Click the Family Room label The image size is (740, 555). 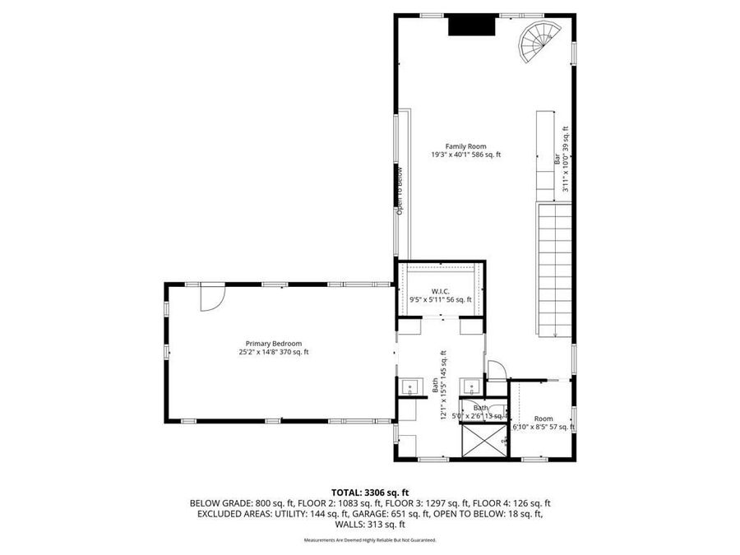click(x=465, y=146)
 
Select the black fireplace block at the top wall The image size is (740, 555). click(x=470, y=26)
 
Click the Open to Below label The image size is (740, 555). click(x=400, y=191)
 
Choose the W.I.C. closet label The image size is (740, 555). click(x=441, y=291)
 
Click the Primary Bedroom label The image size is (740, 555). click(x=273, y=344)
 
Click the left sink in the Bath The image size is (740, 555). click(x=409, y=386)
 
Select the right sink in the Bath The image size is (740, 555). click(x=469, y=386)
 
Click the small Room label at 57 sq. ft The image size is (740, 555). click(x=543, y=419)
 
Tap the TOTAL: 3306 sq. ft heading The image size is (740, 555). click(x=369, y=491)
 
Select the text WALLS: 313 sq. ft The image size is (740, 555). click(x=369, y=525)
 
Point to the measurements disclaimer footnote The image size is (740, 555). click(x=369, y=540)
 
